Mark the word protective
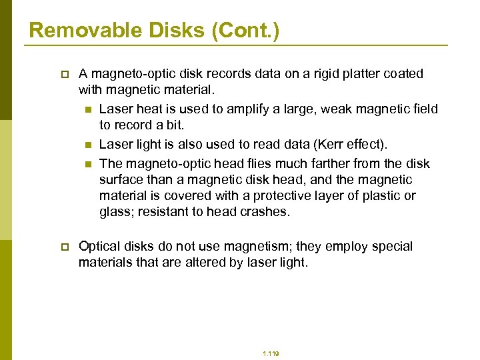(x=298, y=195)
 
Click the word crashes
(x=267, y=211)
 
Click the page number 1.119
(x=271, y=354)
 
